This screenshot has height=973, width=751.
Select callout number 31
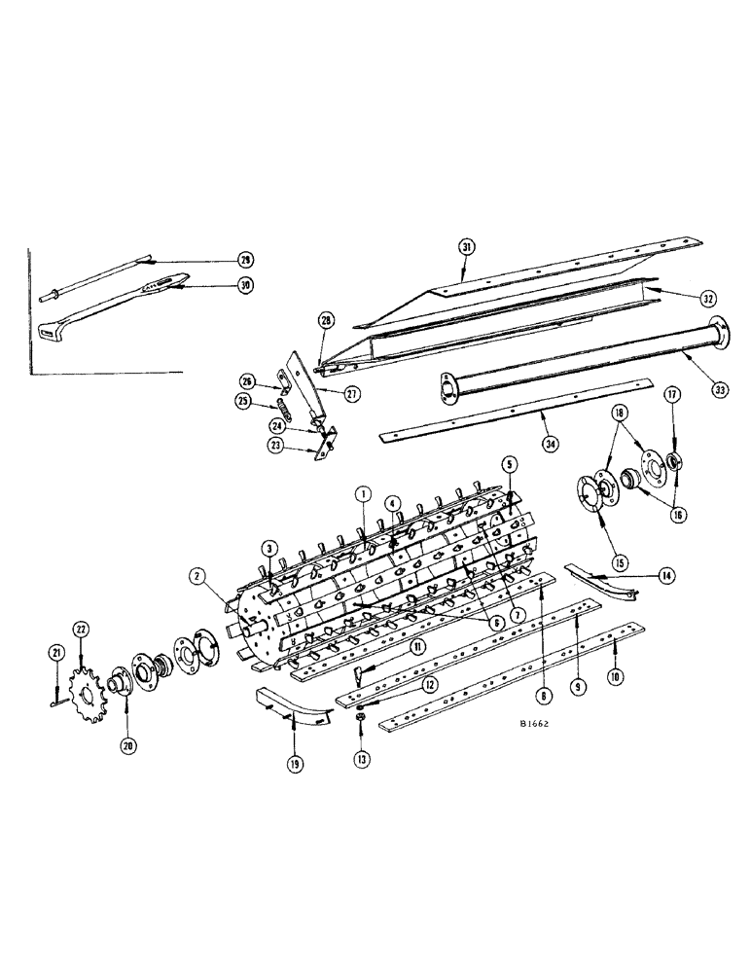(x=467, y=248)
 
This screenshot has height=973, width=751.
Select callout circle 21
(x=54, y=652)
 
